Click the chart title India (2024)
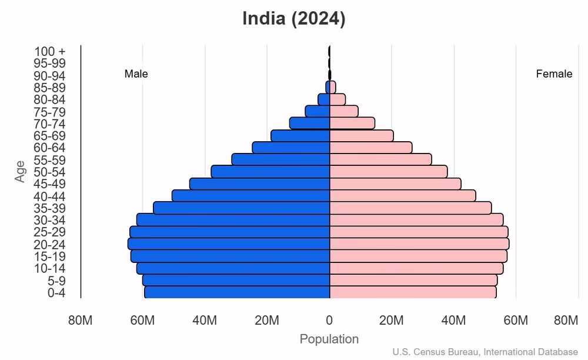coord(293,18)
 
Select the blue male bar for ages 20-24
coord(229,244)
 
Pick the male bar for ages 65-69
coord(300,135)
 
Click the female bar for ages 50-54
coord(388,171)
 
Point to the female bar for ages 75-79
coord(344,111)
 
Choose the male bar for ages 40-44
coord(250,195)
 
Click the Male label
coord(136,74)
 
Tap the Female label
coord(554,74)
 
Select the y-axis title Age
coord(21,171)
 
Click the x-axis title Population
coord(329,339)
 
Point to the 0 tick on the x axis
coord(329,321)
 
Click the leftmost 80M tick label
coord(81,321)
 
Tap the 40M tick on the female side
coord(453,321)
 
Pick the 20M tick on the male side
coord(267,321)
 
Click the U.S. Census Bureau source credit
coord(485,352)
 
